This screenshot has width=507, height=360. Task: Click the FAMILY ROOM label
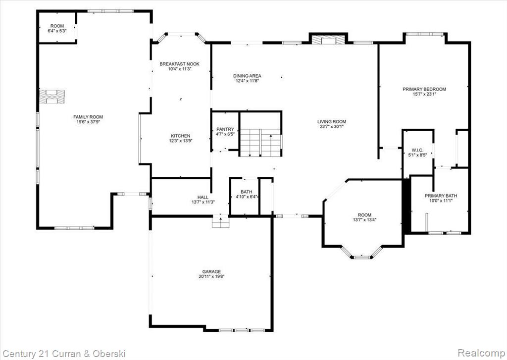click(x=88, y=117)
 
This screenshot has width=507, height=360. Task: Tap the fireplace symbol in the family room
click(x=51, y=97)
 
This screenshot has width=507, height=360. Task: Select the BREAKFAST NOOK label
click(x=179, y=64)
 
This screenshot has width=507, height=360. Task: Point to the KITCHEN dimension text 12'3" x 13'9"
click(x=181, y=141)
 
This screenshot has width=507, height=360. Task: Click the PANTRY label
click(x=225, y=129)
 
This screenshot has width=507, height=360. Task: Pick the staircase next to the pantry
click(x=260, y=142)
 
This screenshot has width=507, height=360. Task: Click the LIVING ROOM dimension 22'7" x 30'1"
click(x=331, y=126)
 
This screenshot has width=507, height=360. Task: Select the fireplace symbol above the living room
click(x=329, y=40)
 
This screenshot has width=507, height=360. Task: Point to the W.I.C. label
click(x=417, y=150)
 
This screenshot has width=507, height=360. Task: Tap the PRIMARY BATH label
click(x=441, y=196)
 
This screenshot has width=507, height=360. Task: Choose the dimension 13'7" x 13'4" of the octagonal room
click(x=365, y=220)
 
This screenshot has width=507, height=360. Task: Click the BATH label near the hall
click(x=247, y=192)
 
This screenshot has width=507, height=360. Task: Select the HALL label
click(x=203, y=197)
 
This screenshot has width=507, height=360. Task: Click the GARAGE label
click(x=212, y=272)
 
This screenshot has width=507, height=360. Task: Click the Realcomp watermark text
click(x=481, y=353)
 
